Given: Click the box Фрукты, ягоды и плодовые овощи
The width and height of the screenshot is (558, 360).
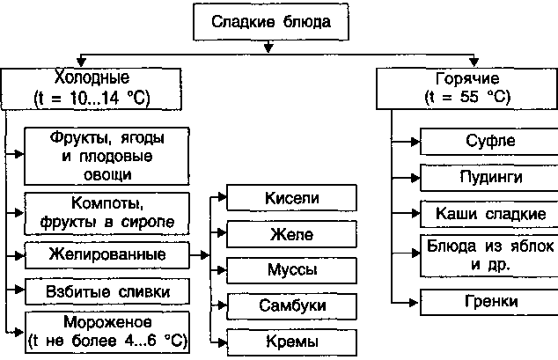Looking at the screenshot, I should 107,154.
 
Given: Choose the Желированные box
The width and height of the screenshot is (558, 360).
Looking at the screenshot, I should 107,254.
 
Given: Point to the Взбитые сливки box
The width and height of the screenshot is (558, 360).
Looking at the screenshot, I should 107,290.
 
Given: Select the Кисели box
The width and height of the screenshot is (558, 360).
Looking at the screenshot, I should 290,200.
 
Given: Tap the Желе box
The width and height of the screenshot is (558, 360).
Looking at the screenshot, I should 290,234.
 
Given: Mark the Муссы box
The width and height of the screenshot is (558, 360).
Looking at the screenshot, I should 290,268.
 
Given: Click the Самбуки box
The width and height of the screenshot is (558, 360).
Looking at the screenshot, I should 290,304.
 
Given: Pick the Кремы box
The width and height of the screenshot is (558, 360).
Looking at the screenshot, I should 290,340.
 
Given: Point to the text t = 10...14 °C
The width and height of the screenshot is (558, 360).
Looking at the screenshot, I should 79,97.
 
